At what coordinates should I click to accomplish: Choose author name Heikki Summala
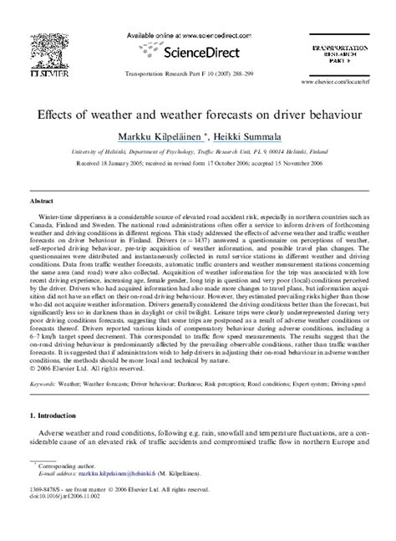[247, 135]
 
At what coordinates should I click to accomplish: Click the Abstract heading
[42, 202]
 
